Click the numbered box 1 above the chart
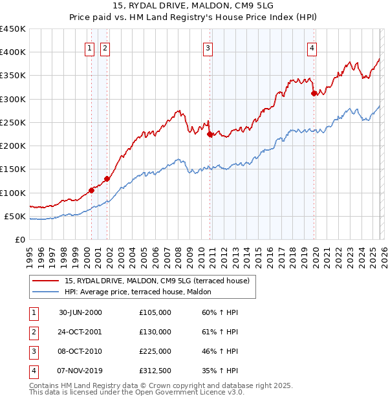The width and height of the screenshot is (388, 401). [89, 47]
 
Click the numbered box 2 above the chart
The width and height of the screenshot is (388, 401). [104, 47]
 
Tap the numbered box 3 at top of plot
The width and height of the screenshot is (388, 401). [208, 47]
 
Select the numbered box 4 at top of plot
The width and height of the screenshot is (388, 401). [312, 47]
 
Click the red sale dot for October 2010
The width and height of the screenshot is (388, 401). [210, 135]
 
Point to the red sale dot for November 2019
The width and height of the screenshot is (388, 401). [314, 93]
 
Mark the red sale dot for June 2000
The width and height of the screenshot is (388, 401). [92, 190]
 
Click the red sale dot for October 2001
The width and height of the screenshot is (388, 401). [107, 179]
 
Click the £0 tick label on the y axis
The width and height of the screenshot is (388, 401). [21, 239]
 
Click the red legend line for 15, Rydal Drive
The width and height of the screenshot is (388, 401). [46, 281]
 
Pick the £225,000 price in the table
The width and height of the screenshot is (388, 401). [155, 351]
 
